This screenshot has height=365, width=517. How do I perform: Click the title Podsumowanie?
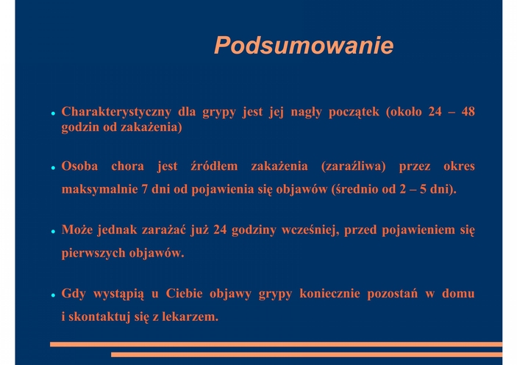pos(304,45)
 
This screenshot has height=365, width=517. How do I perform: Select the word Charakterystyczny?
pos(116,112)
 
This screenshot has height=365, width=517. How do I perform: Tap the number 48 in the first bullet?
pos(468,112)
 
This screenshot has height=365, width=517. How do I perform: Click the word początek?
pos(354,112)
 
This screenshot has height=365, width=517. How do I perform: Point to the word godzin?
pos(80,127)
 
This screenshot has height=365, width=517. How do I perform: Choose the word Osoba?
pos(79,166)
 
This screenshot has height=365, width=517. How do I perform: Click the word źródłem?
pos(214,166)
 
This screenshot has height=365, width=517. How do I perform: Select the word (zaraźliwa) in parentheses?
pos(354,166)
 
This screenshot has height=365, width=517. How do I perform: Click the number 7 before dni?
pos(144,189)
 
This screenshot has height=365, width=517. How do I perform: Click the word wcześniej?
pos(310,230)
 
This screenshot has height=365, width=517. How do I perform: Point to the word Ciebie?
pos(184,294)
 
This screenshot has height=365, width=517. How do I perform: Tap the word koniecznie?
pos(329,294)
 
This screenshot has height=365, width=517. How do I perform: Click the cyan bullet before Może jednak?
pos(53,231)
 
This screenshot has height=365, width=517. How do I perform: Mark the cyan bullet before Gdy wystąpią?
pos(53,295)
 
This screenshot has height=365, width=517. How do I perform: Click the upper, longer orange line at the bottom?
pos(276,344)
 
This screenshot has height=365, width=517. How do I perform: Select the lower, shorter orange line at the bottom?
pos(307,355)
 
